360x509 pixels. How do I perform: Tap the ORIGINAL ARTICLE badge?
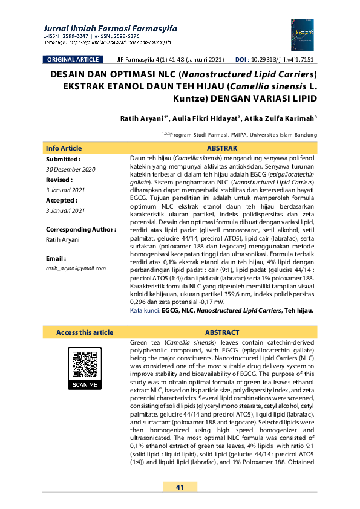pyautogui.click(x=72, y=60)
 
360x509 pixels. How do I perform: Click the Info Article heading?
pyautogui.click(x=64, y=148)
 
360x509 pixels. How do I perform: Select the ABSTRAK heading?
pyautogui.click(x=222, y=148)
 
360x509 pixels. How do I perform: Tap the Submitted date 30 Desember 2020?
pyautogui.click(x=71, y=169)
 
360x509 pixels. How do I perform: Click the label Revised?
pyautogui.click(x=59, y=180)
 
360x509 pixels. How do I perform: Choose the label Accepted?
pyautogui.click(x=62, y=200)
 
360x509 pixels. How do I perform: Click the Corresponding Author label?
pyautogui.click(x=80, y=229)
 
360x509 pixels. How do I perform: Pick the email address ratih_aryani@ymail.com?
pyautogui.click(x=76, y=268)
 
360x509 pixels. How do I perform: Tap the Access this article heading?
pyautogui.click(x=85, y=332)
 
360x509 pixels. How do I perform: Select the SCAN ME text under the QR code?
pyautogui.click(x=85, y=385)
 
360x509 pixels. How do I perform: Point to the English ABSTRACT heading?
pyautogui.click(x=222, y=332)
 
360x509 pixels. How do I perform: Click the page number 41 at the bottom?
pyautogui.click(x=180, y=487)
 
